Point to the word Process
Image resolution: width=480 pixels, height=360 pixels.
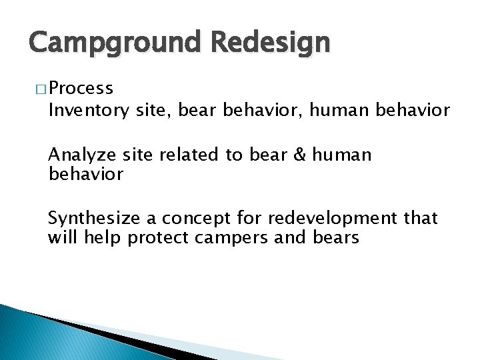pos(81,89)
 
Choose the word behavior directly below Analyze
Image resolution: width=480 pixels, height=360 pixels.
pos(85,174)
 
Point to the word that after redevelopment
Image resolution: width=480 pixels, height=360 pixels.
pos(420,218)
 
